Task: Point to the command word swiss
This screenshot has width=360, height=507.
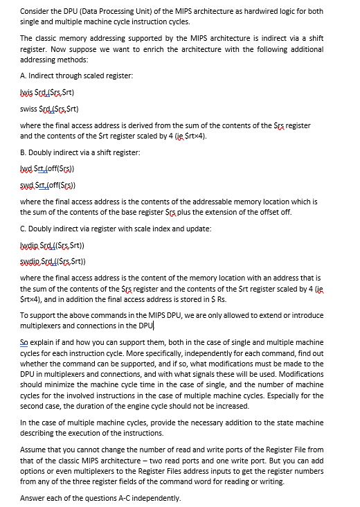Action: (28, 109)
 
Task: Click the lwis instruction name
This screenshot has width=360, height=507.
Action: (27, 91)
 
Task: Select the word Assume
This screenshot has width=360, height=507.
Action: (33, 450)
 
